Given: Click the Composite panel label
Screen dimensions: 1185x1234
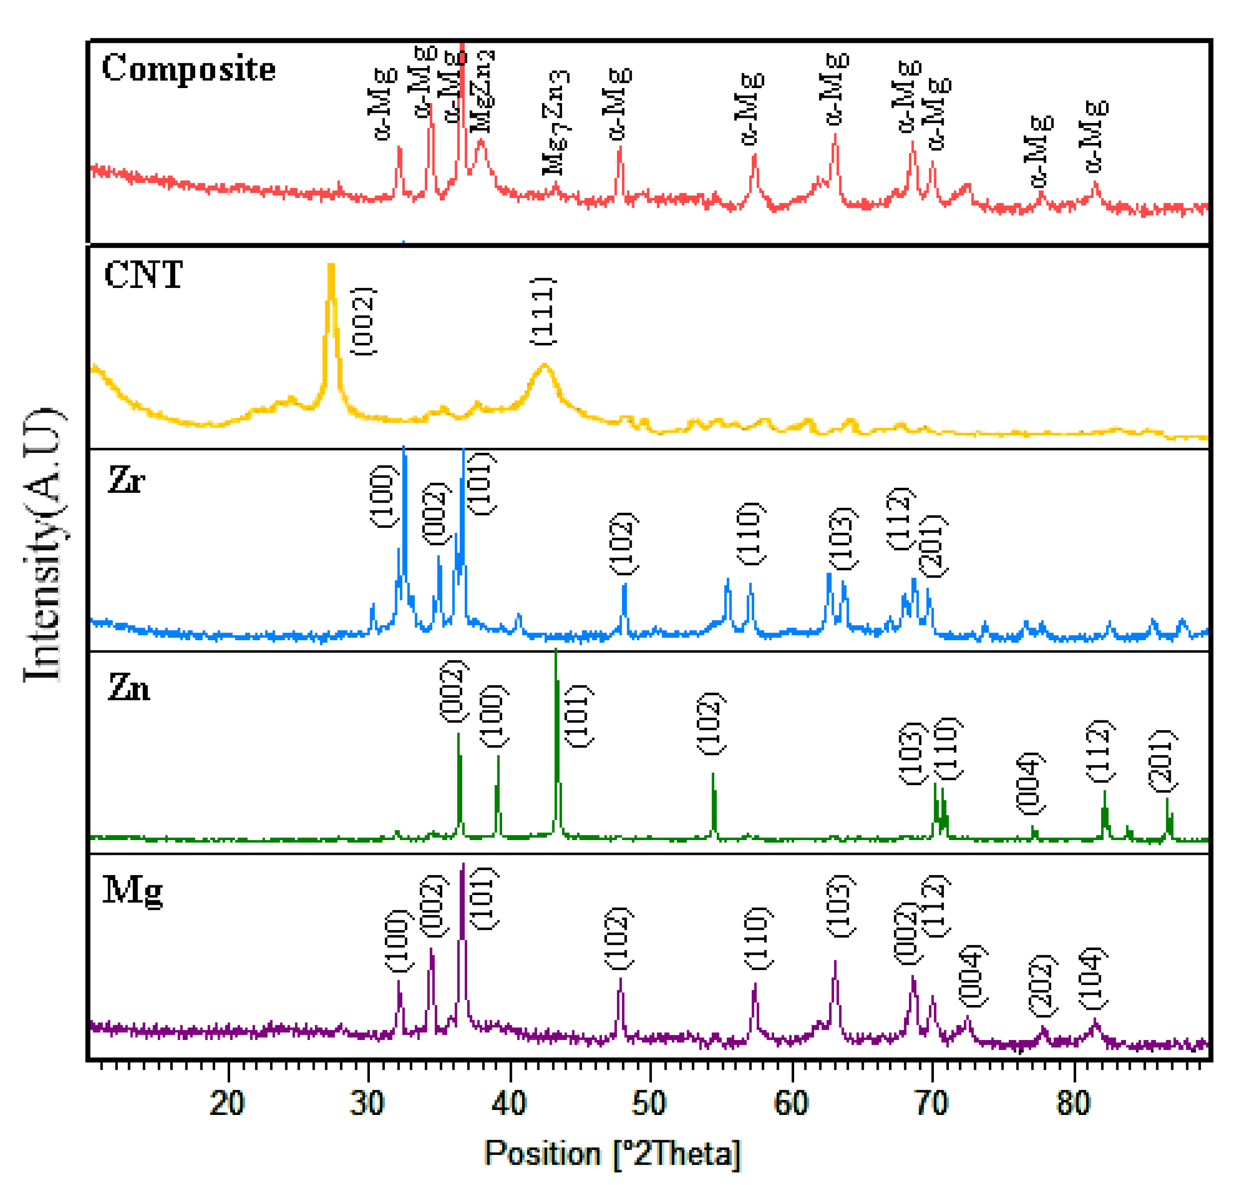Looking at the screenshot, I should click(x=188, y=69).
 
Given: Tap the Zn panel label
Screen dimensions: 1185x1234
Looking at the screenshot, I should click(x=129, y=687).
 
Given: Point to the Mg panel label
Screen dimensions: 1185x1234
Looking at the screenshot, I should click(x=133, y=891).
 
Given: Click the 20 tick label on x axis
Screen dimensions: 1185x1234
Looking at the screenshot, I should click(x=227, y=1103).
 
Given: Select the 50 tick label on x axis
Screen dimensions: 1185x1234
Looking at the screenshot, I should click(x=649, y=1103).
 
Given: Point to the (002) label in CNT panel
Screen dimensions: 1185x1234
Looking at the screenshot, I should click(x=363, y=321).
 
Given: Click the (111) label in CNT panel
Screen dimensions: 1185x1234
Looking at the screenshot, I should click(x=543, y=311).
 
